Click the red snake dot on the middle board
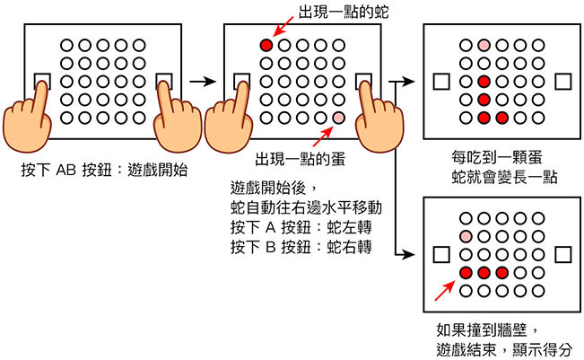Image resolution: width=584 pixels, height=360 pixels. pos(266,45)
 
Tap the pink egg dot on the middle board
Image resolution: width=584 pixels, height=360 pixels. pos(338,118)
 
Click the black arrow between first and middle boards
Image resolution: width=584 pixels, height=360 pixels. pos(205,82)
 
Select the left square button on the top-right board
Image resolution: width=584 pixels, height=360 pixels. pos(439,82)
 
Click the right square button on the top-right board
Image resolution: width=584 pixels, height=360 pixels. pos(562,82)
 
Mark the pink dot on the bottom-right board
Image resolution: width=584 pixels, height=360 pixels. pos(465,235)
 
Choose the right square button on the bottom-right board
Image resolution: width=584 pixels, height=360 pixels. pos(562,255)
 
